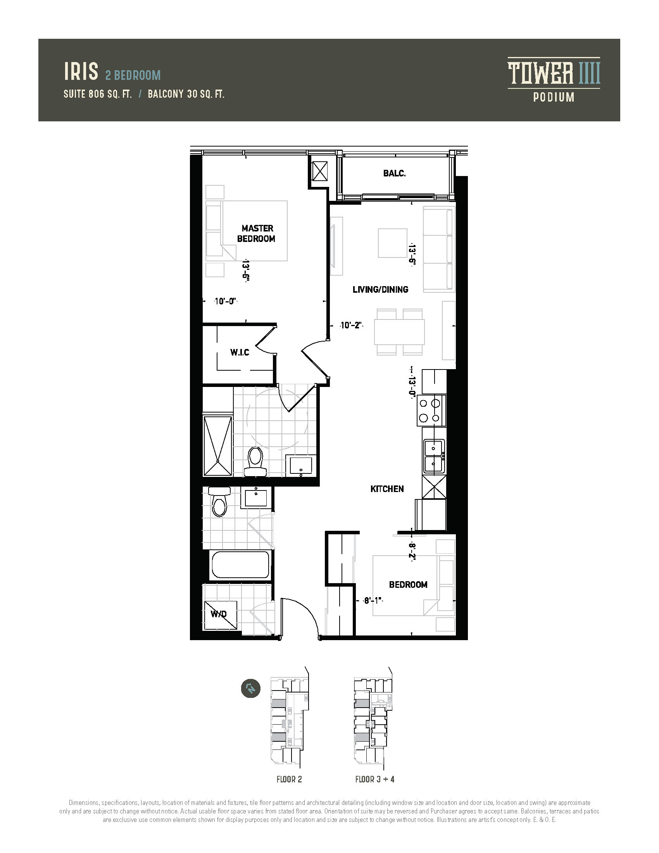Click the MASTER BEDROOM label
256,233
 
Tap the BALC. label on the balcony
394,173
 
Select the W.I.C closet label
240,352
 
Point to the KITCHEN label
387,489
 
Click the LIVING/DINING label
381,289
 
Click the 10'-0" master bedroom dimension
226,301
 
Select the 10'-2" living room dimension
351,325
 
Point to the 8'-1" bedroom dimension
373,600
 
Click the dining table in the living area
399,332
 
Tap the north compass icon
251,688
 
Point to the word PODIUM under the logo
554,97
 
